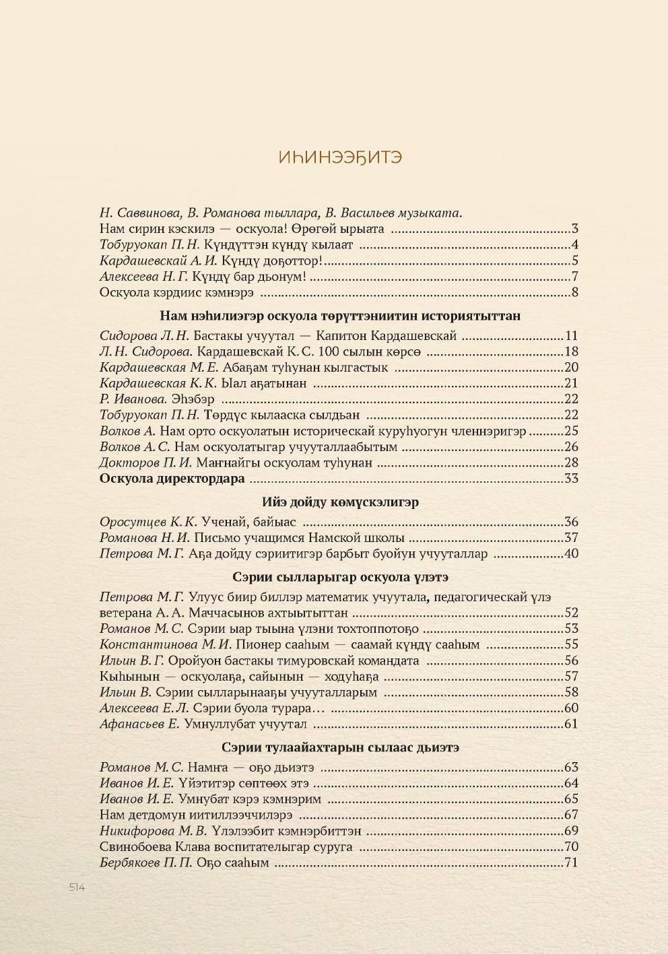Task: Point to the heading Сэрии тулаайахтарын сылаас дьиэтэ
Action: pyautogui.click(x=340, y=747)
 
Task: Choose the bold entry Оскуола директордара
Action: pyautogui.click(x=172, y=479)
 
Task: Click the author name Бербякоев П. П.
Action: pyautogui.click(x=146, y=862)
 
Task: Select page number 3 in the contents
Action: pyautogui.click(x=575, y=229)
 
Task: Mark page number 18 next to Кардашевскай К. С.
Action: pyautogui.click(x=572, y=351)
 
